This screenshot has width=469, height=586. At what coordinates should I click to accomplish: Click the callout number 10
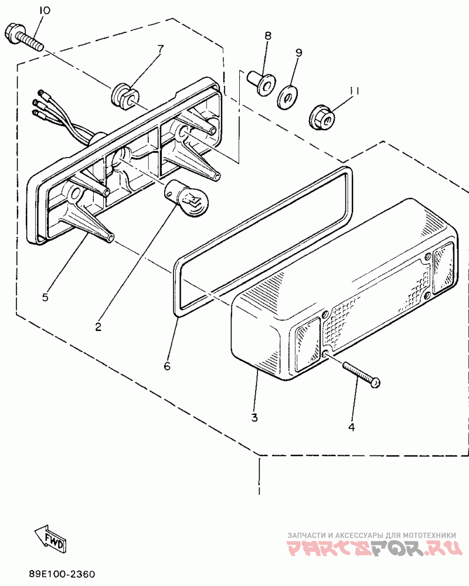pyautogui.click(x=45, y=11)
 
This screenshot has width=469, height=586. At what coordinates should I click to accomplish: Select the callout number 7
pyautogui.click(x=159, y=48)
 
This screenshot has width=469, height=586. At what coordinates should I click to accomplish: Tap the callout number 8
pyautogui.click(x=268, y=36)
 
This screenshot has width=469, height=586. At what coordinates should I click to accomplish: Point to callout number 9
pyautogui.click(x=298, y=53)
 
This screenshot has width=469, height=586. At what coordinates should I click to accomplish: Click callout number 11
pyautogui.click(x=354, y=91)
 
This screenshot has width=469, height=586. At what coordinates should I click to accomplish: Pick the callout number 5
pyautogui.click(x=45, y=297)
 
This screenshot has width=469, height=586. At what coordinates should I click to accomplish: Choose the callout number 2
pyautogui.click(x=98, y=326)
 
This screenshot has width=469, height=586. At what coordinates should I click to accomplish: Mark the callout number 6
pyautogui.click(x=167, y=366)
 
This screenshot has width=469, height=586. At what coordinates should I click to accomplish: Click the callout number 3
pyautogui.click(x=254, y=418)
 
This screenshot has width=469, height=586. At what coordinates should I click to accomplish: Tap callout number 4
pyautogui.click(x=351, y=427)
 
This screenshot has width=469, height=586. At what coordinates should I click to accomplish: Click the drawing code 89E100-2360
pyautogui.click(x=62, y=574)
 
